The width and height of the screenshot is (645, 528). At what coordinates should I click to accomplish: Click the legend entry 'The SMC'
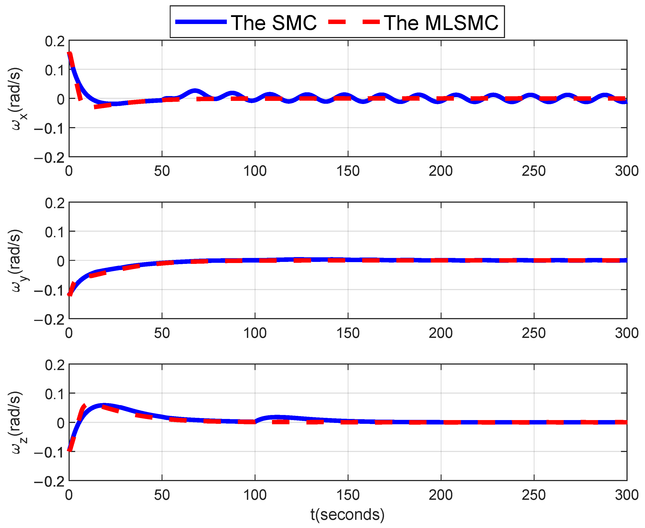273,23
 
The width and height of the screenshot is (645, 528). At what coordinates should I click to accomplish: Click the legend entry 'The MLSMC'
441,23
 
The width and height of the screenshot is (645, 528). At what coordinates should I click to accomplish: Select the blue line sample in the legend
201,22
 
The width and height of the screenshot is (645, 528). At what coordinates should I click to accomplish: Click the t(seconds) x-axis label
348,514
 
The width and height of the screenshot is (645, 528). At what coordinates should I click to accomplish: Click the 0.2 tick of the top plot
55,41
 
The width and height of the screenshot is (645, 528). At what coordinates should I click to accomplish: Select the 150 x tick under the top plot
348,171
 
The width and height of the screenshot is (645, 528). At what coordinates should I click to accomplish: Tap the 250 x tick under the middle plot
534,333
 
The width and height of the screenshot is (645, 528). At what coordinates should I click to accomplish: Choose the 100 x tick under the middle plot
255,333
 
